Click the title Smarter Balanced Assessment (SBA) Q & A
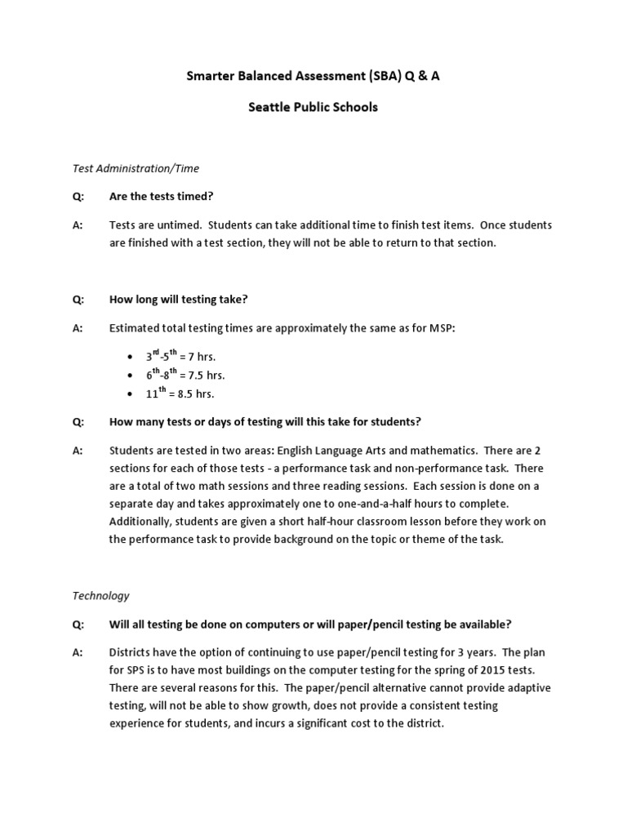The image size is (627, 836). (313, 76)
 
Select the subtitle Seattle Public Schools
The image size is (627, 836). (313, 107)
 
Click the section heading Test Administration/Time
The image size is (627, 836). (136, 168)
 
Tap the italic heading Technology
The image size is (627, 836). (101, 596)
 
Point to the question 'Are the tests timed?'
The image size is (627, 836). (166, 196)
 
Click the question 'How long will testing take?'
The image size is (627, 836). (178, 299)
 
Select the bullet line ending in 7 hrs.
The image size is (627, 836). (180, 357)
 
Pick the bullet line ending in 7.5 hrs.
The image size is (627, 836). (185, 376)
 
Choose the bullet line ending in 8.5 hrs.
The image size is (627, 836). (180, 394)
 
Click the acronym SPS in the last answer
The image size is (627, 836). (137, 670)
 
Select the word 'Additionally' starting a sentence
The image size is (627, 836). (140, 522)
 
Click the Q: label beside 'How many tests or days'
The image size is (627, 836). (78, 422)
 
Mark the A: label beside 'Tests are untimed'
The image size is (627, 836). (78, 225)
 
